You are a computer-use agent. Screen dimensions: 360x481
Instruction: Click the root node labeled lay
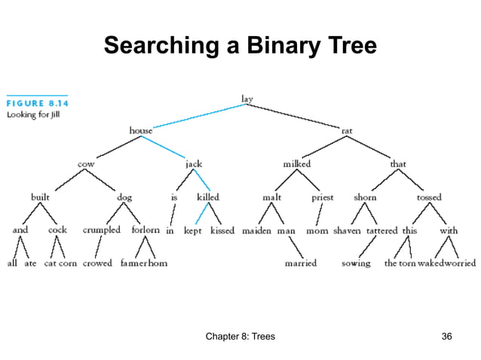(247, 98)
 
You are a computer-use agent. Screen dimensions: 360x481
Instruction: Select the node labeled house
(140, 130)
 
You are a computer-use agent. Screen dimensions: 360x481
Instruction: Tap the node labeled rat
(347, 130)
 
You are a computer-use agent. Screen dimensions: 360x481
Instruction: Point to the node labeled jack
(194, 163)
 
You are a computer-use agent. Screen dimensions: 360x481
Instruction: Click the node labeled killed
(208, 197)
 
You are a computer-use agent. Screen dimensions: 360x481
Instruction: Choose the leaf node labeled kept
(193, 230)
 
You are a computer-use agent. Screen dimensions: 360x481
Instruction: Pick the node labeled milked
(297, 163)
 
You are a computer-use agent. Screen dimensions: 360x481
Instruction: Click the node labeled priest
(323, 197)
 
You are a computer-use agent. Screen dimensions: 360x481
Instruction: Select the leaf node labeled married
(301, 264)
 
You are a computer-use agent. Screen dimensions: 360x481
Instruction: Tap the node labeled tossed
(429, 197)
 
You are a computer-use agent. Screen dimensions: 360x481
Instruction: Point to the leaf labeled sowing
(356, 264)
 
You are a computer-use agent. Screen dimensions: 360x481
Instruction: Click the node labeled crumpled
(101, 230)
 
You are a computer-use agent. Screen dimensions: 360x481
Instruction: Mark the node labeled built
(40, 197)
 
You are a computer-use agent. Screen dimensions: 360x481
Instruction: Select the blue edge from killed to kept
(199, 214)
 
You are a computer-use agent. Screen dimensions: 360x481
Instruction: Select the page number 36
(446, 336)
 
